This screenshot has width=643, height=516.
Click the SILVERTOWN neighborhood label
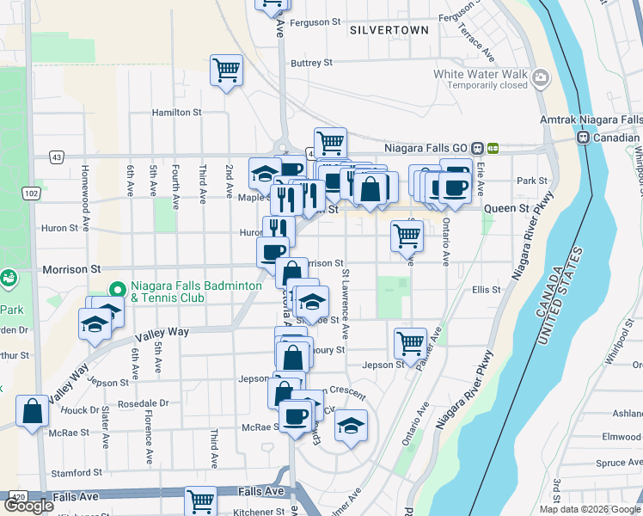coord(389,30)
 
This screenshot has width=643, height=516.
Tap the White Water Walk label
coord(480,74)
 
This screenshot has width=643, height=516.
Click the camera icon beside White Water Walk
coord(541,79)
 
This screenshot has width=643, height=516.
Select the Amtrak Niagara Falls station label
coord(591,120)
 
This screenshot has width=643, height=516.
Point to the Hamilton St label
coord(176,112)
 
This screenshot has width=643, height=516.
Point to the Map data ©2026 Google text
coord(591,509)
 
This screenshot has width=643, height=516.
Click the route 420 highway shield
coord(17,496)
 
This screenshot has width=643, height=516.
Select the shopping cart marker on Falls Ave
coord(200,500)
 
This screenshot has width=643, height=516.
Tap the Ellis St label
coord(486,290)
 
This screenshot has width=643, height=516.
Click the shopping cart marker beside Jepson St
coord(410,342)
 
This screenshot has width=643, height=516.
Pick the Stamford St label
coord(77,473)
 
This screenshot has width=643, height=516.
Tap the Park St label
coord(532,181)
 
